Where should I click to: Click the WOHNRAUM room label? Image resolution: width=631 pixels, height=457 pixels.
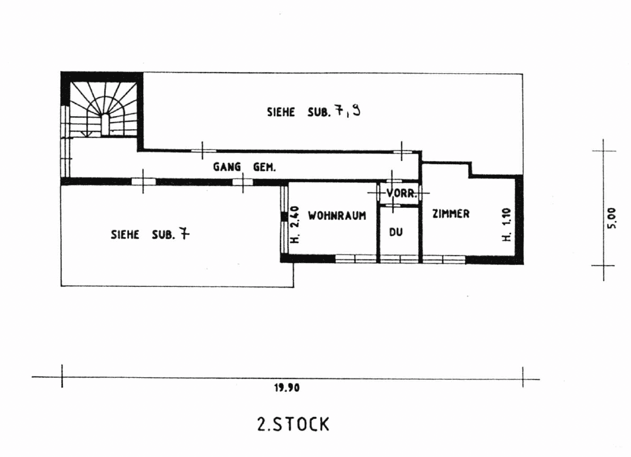[x=337, y=216]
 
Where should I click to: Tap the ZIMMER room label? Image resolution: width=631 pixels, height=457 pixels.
[x=451, y=214]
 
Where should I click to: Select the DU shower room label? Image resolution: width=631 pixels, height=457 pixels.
[x=396, y=232]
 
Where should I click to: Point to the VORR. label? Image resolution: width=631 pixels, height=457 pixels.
[x=401, y=193]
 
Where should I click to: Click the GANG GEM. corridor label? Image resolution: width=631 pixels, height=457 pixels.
[x=244, y=167]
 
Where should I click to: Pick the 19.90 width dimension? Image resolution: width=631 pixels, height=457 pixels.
[x=287, y=388]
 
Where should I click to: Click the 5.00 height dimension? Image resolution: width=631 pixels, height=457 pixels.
[x=611, y=218]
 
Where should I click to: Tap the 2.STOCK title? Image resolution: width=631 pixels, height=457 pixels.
[x=293, y=425]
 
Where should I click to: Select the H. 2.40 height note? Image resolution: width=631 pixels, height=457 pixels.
[x=295, y=225]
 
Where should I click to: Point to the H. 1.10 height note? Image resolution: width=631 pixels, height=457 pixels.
[x=507, y=225]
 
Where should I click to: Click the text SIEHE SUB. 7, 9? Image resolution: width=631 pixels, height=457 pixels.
[x=313, y=111]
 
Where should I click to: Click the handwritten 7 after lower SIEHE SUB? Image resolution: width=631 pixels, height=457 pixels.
[x=184, y=233]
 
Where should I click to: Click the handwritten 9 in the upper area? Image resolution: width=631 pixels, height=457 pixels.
[x=356, y=110]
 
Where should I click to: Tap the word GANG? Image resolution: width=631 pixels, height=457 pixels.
[x=227, y=167]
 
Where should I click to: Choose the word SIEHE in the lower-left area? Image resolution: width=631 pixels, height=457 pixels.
[x=124, y=235]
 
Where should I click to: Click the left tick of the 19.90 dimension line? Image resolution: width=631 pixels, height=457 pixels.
[x=62, y=377]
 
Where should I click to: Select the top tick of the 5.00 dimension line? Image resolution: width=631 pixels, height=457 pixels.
[x=604, y=151]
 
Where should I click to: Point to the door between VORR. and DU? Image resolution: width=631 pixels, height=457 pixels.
[x=393, y=206]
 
